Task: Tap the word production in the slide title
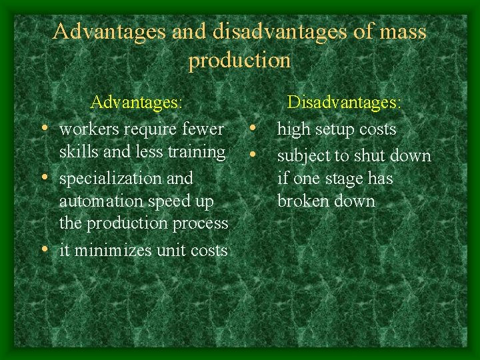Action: tap(240, 61)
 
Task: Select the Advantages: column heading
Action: tap(137, 103)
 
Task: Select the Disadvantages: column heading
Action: tap(344, 103)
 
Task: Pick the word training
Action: tap(196, 152)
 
